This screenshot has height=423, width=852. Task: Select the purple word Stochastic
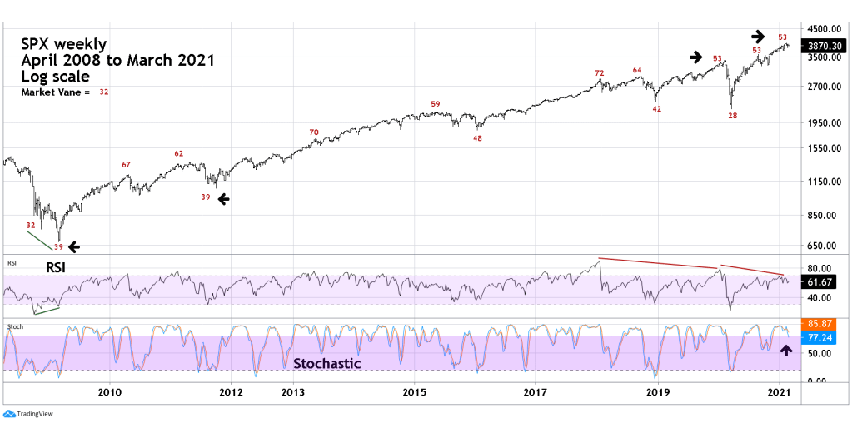pyautogui.click(x=326, y=364)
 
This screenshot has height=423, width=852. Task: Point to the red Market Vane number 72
pyautogui.click(x=599, y=73)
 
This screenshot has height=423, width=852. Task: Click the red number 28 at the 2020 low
pyautogui.click(x=733, y=116)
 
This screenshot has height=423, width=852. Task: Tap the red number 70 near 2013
pyautogui.click(x=313, y=132)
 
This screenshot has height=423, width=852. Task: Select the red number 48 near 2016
pyautogui.click(x=477, y=138)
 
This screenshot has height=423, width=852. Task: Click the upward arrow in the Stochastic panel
pyautogui.click(x=785, y=351)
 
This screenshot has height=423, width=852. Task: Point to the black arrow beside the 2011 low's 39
pyautogui.click(x=222, y=197)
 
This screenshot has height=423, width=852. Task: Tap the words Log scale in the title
pyautogui.click(x=56, y=77)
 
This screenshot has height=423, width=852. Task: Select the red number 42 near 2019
pyautogui.click(x=656, y=109)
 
